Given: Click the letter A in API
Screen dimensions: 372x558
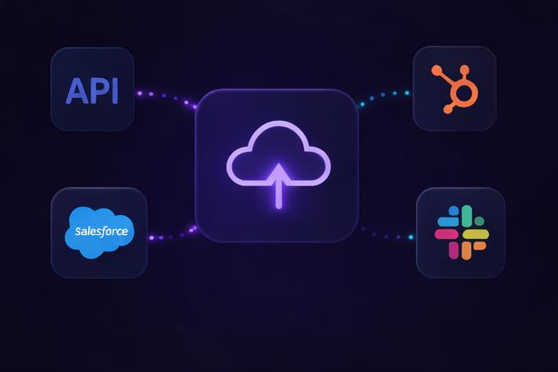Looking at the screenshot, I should coord(77,91).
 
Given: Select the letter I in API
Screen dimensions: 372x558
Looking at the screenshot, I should coord(115,91).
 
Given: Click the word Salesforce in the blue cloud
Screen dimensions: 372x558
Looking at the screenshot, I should coord(101,232).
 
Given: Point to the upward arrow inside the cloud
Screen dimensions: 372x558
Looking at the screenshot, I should coord(279,185).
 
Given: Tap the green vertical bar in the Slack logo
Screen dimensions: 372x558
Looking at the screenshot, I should coord(466,217).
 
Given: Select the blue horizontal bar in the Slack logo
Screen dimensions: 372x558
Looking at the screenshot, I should coord(449,222).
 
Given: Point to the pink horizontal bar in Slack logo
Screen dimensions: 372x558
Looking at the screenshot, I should coord(446,234).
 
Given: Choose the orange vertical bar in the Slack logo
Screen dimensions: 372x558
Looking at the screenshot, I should coord(466,250).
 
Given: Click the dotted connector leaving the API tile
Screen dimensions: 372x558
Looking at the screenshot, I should coord(164,97).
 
